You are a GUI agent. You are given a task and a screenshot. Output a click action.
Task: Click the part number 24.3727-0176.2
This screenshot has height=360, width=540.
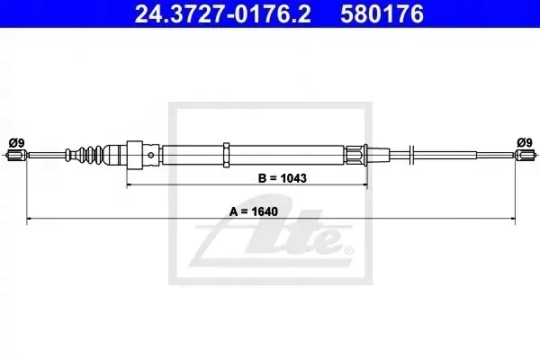click(x=223, y=13)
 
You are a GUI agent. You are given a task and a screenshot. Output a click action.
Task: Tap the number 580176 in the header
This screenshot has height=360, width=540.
click(x=382, y=13)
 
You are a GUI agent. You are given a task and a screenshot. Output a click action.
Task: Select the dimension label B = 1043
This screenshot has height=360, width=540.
click(x=282, y=178)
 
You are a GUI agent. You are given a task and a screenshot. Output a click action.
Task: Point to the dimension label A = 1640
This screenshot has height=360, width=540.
click(x=254, y=211)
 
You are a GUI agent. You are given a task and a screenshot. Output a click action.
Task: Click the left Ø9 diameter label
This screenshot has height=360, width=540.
click(x=16, y=142)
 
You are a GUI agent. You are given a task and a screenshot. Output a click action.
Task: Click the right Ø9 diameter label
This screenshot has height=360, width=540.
click(x=525, y=142)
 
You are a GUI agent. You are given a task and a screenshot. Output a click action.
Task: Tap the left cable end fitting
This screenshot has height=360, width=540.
click(x=16, y=156)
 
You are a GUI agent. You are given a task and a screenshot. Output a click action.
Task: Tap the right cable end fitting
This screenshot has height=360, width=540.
click(x=526, y=155)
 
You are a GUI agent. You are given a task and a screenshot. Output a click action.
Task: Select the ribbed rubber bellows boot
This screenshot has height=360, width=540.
click(x=85, y=155)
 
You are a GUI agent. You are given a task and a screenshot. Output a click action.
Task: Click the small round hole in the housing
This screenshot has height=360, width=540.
click(x=151, y=156)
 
